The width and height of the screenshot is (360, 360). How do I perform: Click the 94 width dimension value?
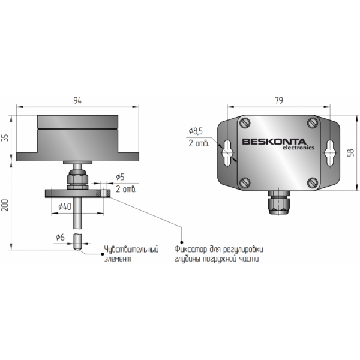tap(77, 101)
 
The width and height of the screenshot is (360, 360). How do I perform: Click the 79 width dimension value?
tap(279, 101)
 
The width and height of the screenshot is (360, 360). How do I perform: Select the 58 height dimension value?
tap(350, 152)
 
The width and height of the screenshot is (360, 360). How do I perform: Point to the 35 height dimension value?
tap(5, 138)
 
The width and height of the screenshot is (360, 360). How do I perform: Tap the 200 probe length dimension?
tap(5, 205)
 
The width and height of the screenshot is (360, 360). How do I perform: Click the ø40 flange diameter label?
tap(65, 206)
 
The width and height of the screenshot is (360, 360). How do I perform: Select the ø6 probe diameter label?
tap(60, 237)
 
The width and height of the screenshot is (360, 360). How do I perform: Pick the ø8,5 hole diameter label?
tap(196, 131)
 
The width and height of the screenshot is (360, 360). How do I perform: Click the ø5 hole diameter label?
tap(120, 177)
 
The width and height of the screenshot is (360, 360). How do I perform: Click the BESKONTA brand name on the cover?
tap(274, 142)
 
